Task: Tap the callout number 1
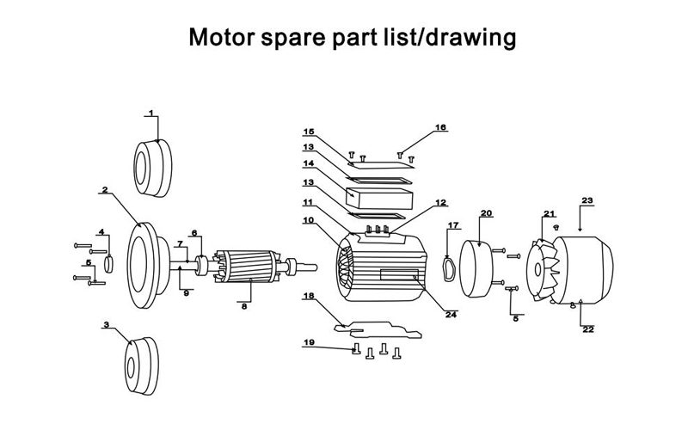point(150,113)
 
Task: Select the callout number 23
point(587,200)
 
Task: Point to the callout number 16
point(441,127)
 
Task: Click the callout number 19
point(309,343)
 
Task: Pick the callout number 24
point(451,314)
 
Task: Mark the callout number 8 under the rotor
point(244,305)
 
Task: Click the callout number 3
point(107,325)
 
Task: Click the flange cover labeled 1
point(152,165)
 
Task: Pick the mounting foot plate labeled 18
point(378,328)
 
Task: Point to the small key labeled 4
point(109,262)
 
